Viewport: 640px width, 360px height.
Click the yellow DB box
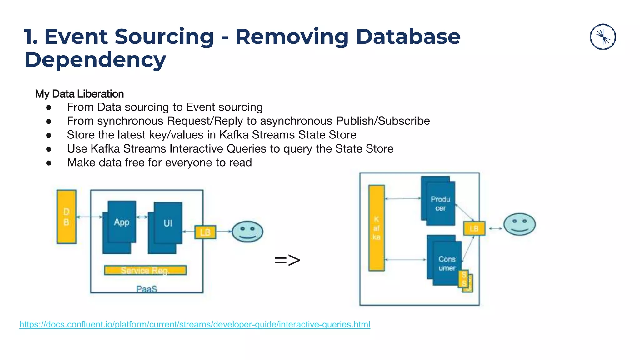[66, 217]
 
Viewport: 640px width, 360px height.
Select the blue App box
[122, 222]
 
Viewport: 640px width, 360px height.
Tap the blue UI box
[168, 223]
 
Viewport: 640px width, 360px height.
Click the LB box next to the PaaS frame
[205, 232]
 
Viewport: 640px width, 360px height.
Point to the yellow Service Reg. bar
[145, 270]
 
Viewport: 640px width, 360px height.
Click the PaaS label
[147, 289]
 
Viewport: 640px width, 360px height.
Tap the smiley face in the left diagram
[247, 232]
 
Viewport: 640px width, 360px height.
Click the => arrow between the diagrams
[287, 260]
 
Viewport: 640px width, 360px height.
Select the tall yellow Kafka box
[377, 228]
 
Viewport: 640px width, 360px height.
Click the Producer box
[440, 203]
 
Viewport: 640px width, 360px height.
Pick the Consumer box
[447, 263]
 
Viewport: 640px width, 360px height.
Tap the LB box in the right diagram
[474, 228]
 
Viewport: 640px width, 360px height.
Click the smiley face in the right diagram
[519, 224]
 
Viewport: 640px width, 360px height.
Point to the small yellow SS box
[464, 279]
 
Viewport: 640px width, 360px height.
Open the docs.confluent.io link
[195, 324]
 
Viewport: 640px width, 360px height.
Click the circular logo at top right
[602, 37]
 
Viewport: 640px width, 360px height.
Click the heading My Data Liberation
[79, 94]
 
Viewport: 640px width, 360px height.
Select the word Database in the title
[408, 37]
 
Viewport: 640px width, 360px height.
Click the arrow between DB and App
[89, 217]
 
